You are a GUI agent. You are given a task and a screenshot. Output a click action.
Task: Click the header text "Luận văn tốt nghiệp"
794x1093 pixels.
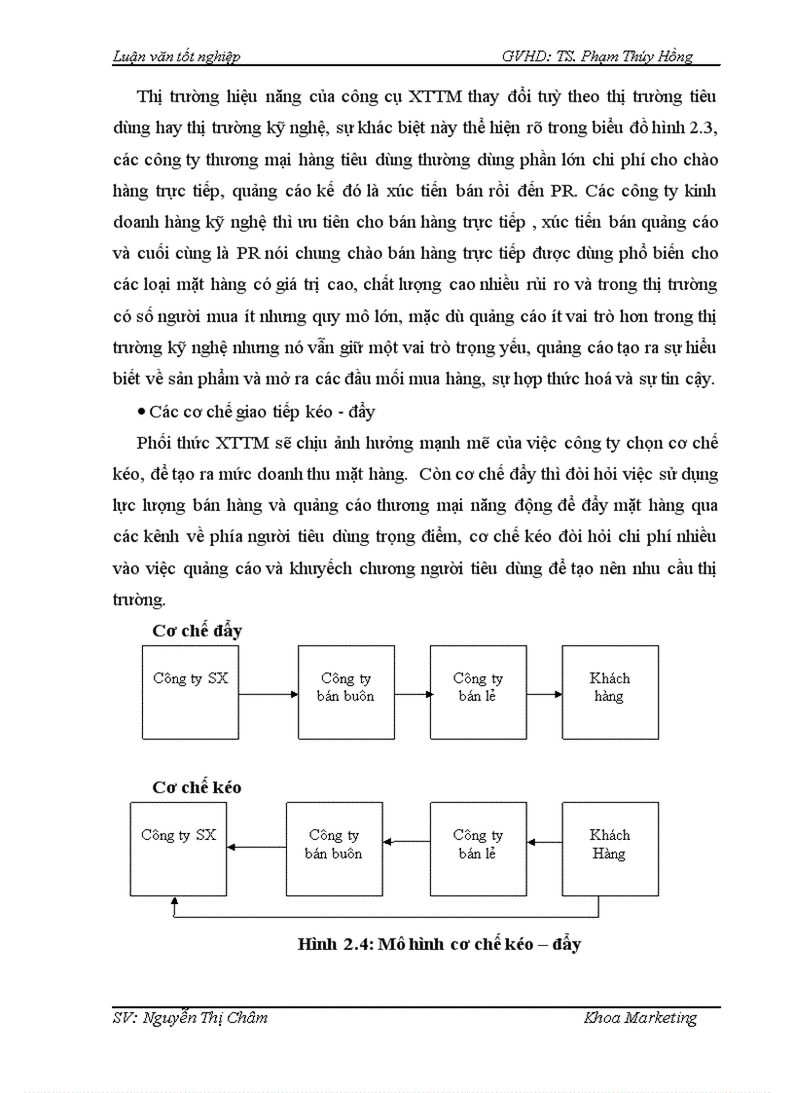(170, 55)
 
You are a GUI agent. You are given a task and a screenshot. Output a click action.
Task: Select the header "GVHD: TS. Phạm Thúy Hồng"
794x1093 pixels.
(596, 55)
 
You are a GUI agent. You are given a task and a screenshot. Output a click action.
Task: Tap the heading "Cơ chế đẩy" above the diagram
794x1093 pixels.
(198, 630)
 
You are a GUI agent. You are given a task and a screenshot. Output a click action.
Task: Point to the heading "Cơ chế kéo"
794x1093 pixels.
(197, 786)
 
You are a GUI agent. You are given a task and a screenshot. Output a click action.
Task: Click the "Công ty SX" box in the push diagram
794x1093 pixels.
(191, 690)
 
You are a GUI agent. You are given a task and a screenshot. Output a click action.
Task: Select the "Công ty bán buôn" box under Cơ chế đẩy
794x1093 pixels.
(345, 690)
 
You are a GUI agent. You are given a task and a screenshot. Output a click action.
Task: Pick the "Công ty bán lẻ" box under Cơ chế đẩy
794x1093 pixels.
(478, 690)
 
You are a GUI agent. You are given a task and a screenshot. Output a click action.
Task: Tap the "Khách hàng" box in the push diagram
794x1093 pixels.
(610, 690)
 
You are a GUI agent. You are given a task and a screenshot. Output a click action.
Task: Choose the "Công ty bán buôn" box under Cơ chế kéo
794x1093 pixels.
(333, 848)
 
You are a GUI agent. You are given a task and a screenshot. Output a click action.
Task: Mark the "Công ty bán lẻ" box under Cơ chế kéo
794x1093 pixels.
(478, 848)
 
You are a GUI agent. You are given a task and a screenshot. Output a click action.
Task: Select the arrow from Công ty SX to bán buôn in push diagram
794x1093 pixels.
(268, 694)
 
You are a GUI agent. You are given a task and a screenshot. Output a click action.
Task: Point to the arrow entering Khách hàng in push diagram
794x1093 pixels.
(545, 694)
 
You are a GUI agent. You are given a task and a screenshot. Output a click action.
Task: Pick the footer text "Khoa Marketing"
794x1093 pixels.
(640, 1018)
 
